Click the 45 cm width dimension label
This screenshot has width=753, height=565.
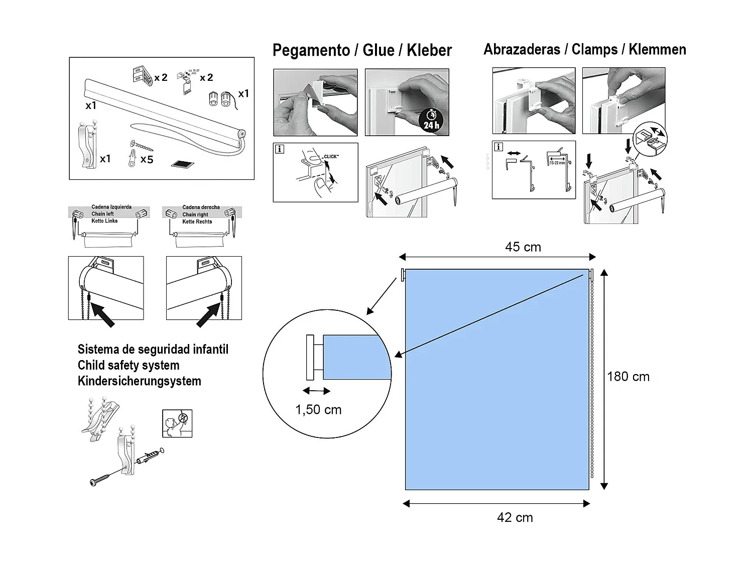[523, 247]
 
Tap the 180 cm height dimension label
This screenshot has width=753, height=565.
[628, 377]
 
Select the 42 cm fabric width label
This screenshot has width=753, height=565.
[515, 518]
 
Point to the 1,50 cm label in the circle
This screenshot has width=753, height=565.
[318, 410]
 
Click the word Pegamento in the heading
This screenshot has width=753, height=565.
[311, 50]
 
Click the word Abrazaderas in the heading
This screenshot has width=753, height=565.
[522, 50]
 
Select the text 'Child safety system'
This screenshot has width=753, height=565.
[129, 365]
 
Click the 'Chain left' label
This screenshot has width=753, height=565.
[102, 214]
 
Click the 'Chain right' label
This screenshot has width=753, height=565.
[195, 214]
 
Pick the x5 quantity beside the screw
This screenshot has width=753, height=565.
[147, 160]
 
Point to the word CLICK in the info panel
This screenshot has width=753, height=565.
[331, 157]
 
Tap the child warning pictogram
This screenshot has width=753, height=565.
[177, 423]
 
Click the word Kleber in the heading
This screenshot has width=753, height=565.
[429, 50]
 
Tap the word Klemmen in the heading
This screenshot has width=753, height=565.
[657, 50]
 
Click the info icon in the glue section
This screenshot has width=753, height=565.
[280, 149]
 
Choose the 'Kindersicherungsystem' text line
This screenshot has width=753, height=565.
[140, 381]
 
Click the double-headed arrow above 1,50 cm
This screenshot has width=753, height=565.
[317, 391]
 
